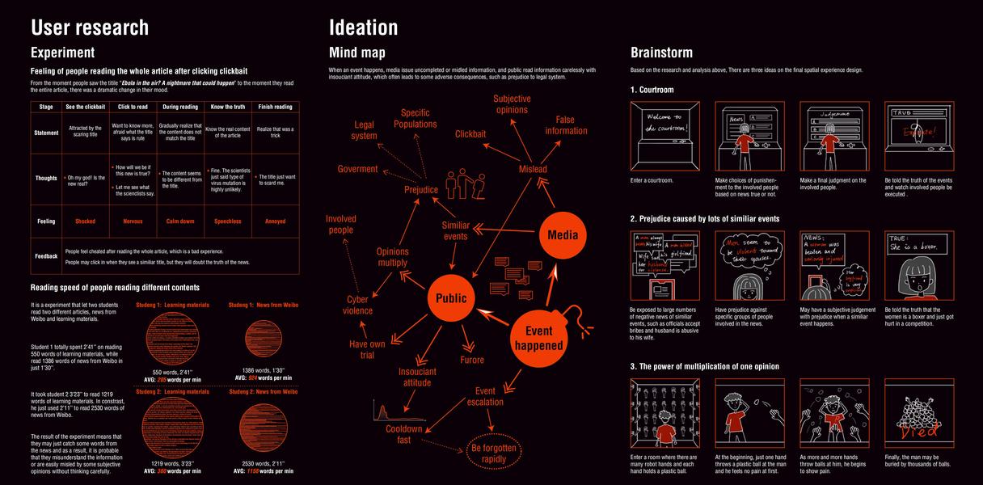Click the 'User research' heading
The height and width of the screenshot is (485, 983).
[x=90, y=27]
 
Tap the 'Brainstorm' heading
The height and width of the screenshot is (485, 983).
[x=661, y=53]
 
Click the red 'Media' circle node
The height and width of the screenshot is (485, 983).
[x=563, y=235]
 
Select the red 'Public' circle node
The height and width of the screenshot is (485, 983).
[x=451, y=298]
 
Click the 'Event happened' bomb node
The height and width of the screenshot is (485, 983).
[x=539, y=338]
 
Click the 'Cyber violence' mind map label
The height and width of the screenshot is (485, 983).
[x=358, y=305]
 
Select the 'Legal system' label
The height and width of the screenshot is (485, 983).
[x=365, y=130]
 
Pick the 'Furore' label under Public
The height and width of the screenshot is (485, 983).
[x=472, y=360]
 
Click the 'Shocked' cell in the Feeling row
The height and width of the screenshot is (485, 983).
[x=85, y=221]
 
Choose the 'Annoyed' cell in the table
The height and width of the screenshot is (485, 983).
[x=276, y=221]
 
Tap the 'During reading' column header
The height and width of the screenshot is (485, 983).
[x=179, y=107]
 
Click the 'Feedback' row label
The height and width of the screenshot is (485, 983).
[x=46, y=256]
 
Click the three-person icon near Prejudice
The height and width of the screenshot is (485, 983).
[x=464, y=184]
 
